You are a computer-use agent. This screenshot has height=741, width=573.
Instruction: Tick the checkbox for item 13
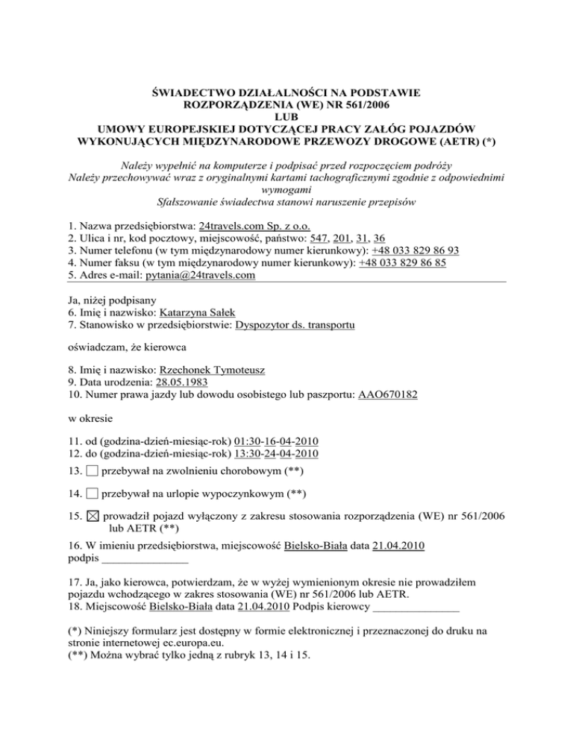pyautogui.click(x=91, y=472)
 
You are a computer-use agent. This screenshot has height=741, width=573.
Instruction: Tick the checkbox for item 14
pyautogui.click(x=91, y=494)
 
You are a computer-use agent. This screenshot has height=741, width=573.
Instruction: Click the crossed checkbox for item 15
pyautogui.click(x=92, y=516)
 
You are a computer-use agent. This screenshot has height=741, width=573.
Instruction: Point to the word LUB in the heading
pyautogui.click(x=286, y=117)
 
